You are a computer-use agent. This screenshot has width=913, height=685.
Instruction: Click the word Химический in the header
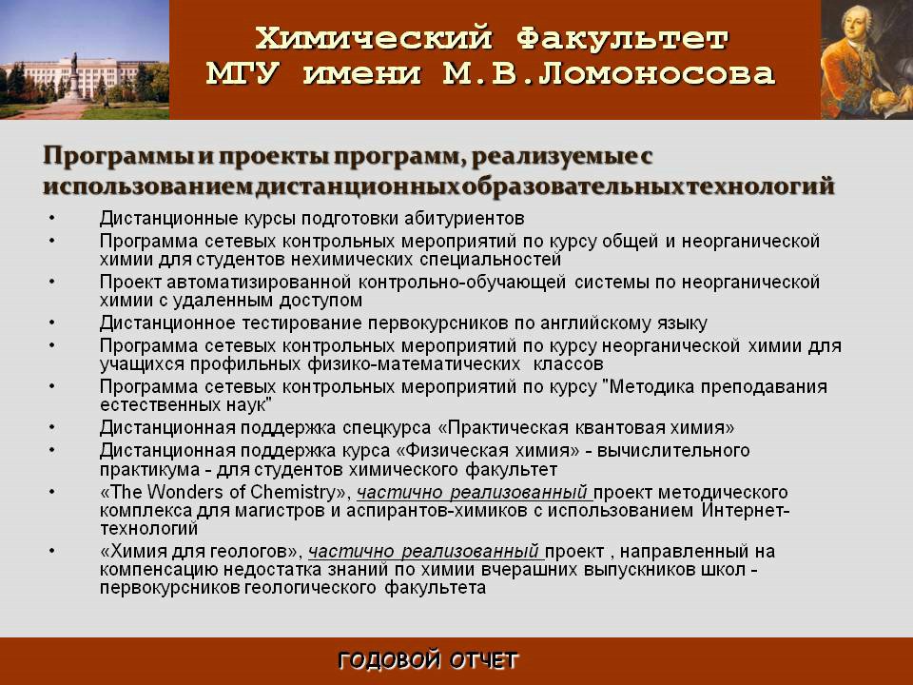pyautogui.click(x=373, y=38)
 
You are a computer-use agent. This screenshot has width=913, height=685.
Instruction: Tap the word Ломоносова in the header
pyautogui.click(x=656, y=74)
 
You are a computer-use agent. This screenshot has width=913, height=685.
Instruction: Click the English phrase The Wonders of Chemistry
pyautogui.click(x=224, y=492)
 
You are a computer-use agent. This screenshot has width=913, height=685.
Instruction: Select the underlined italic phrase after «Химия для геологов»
pyautogui.click(x=424, y=551)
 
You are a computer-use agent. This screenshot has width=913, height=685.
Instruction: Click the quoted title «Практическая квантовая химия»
pyautogui.click(x=586, y=428)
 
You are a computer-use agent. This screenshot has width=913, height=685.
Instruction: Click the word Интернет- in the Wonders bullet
pyautogui.click(x=746, y=510)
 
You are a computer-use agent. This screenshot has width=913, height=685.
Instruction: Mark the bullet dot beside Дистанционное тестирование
pyautogui.click(x=52, y=323)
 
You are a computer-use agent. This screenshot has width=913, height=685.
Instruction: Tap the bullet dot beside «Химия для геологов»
pyautogui.click(x=52, y=551)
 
